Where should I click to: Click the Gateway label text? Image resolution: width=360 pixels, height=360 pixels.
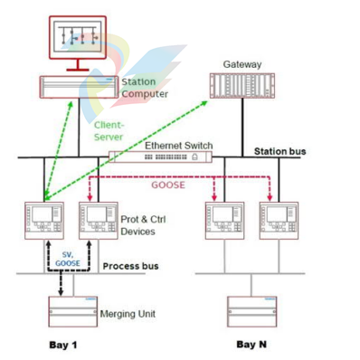point(242,64)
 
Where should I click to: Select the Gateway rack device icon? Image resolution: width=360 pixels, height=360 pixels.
point(242,85)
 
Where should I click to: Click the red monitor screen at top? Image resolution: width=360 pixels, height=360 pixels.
point(78,37)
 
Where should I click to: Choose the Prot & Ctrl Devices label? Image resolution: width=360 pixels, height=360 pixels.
point(145,224)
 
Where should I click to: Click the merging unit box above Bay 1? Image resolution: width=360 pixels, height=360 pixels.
point(72,310)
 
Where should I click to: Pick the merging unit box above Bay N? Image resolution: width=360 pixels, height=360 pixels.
point(252,310)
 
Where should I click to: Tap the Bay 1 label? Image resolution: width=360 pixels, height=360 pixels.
point(62,346)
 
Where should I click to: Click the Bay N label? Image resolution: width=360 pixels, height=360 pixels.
point(251,345)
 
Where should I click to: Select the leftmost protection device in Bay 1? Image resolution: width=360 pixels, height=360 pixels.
point(44,220)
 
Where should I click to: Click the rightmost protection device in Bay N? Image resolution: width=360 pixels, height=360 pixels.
point(279,220)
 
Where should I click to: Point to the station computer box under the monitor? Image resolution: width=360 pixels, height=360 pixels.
point(79,86)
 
